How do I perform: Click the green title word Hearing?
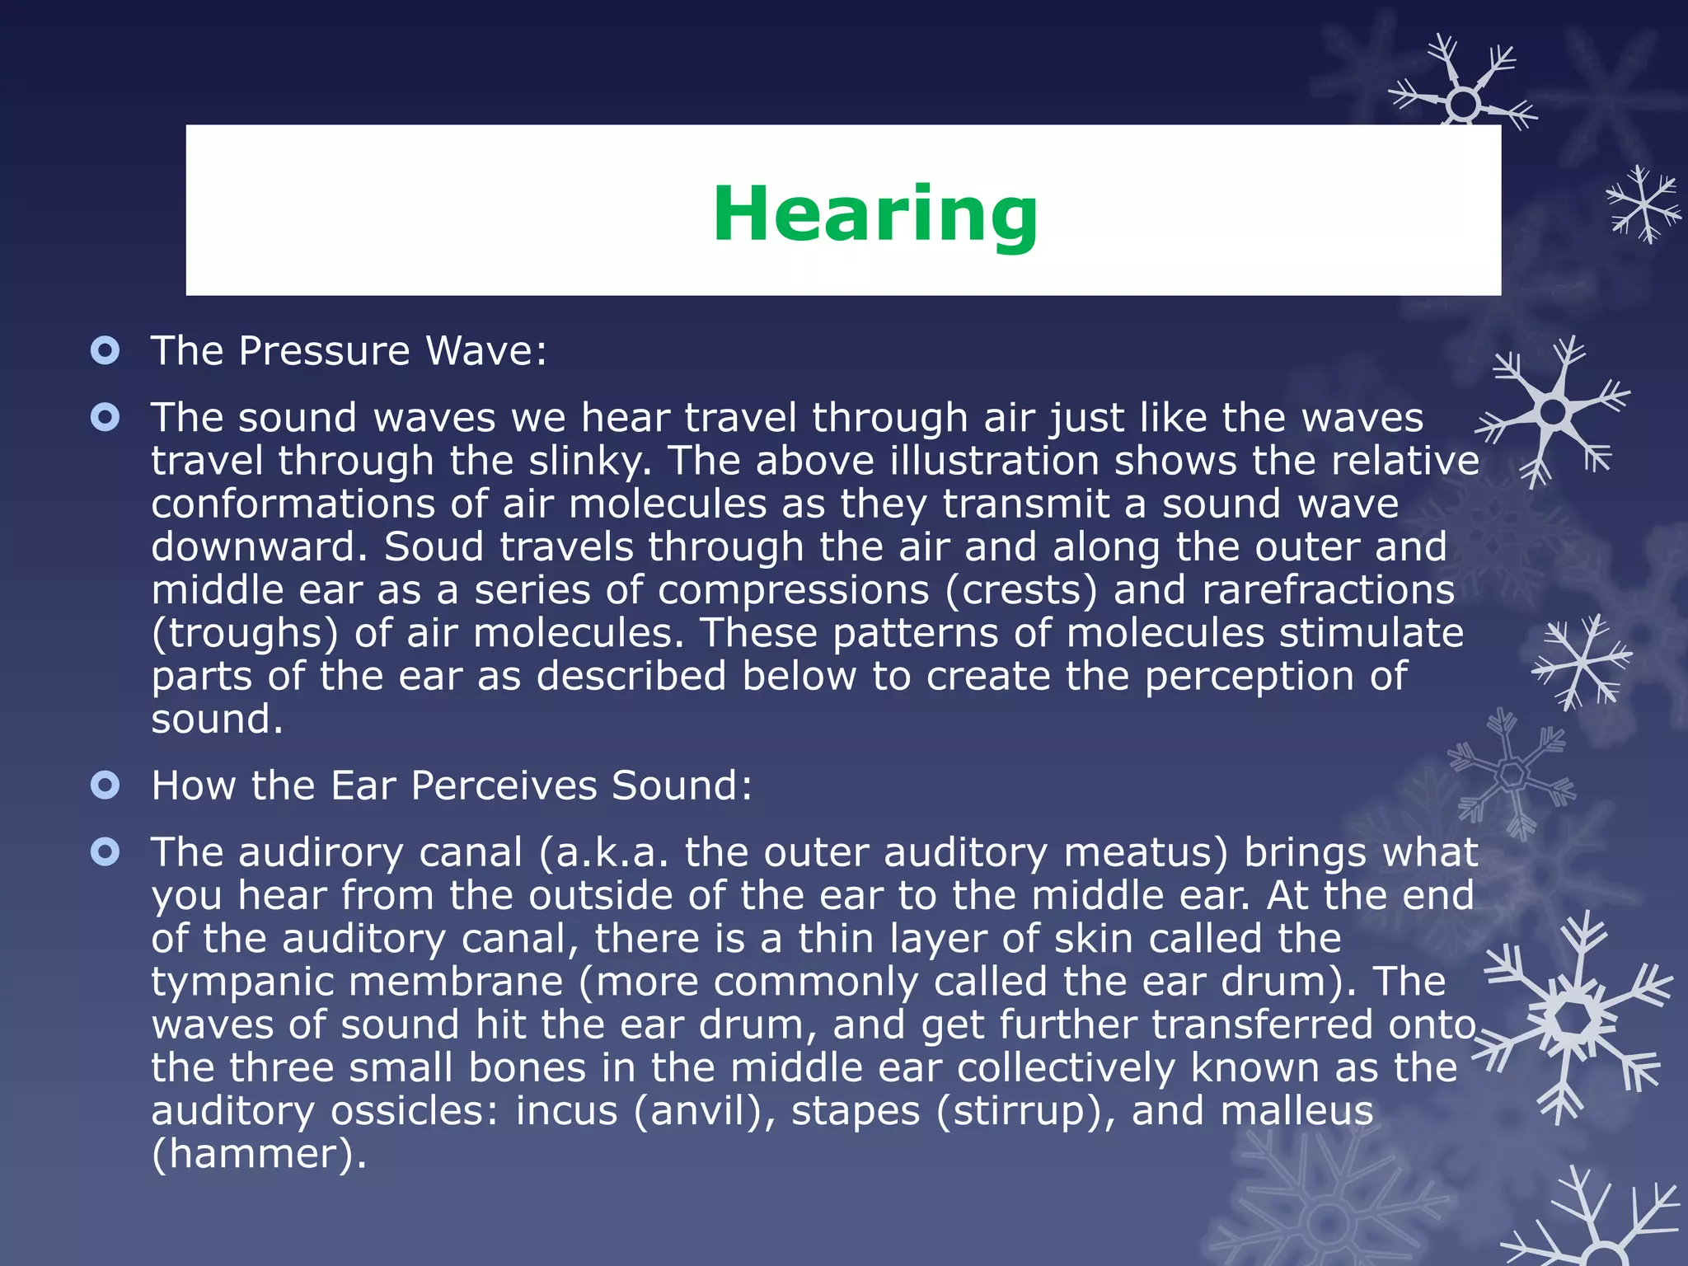point(875,213)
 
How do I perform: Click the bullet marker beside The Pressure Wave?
point(105,351)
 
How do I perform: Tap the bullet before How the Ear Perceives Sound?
point(105,785)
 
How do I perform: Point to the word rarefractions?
point(1329,590)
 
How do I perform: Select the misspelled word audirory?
point(339,852)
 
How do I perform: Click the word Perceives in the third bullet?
point(504,785)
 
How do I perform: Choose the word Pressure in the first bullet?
point(324,351)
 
